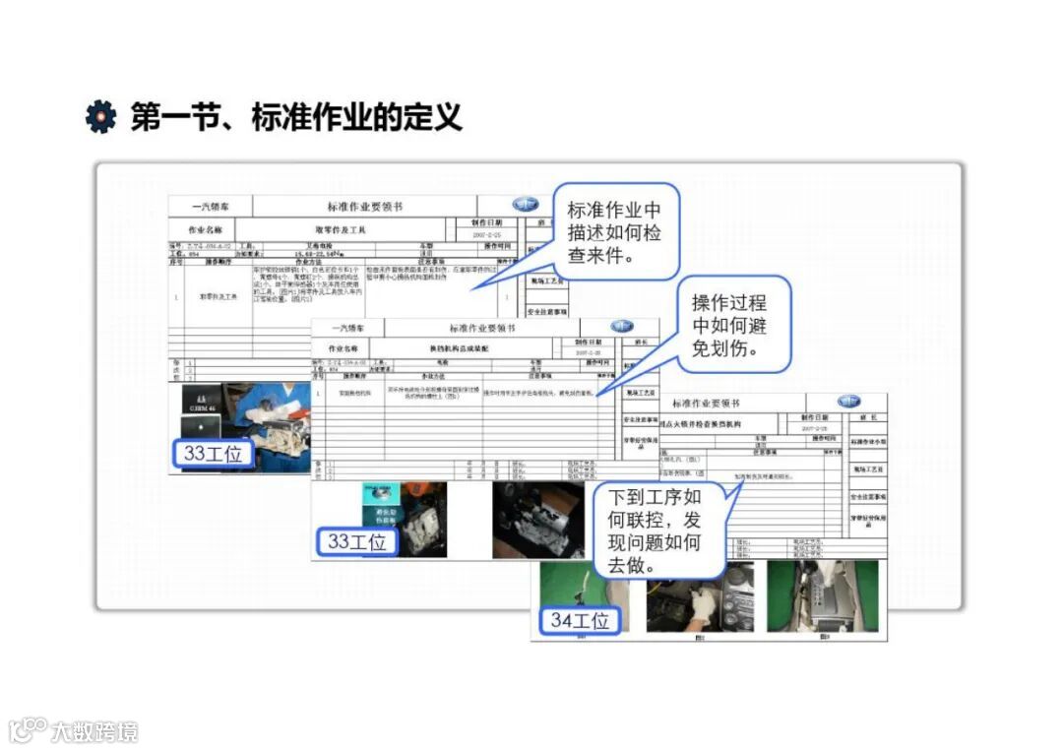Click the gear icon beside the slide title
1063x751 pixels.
pyautogui.click(x=100, y=116)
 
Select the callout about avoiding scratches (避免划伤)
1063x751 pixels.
pyautogui.click(x=729, y=326)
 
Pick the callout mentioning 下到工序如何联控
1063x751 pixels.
pyautogui.click(x=654, y=531)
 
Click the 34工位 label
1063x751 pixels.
pyautogui.click(x=580, y=620)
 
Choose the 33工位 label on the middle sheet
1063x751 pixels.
pyautogui.click(x=356, y=541)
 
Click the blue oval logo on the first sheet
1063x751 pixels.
pyautogui.click(x=526, y=204)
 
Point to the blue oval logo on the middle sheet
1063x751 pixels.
pyautogui.click(x=621, y=326)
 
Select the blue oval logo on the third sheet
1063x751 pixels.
pyautogui.click(x=848, y=402)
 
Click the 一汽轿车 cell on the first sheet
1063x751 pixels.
pyautogui.click(x=210, y=207)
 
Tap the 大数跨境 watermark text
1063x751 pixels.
pyautogui.click(x=94, y=731)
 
